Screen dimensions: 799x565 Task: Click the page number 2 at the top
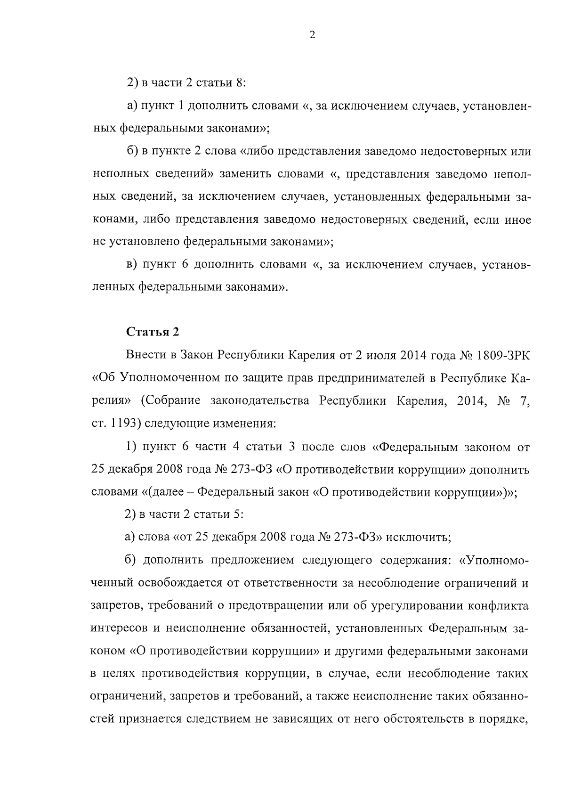(312, 35)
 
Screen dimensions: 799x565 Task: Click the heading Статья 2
(153, 332)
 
